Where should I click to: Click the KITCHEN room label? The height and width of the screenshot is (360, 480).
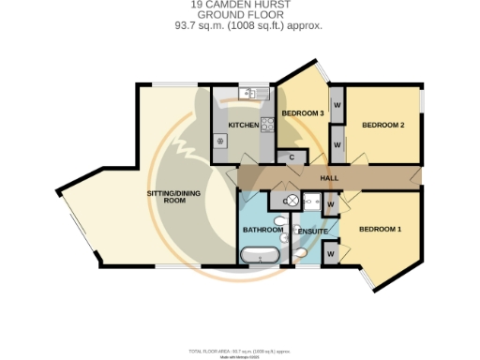pyautogui.click(x=243, y=125)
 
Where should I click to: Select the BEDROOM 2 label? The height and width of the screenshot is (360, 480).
pyautogui.click(x=383, y=125)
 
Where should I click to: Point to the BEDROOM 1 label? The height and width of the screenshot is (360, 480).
pyautogui.click(x=380, y=230)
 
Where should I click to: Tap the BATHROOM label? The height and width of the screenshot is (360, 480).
pyautogui.click(x=262, y=230)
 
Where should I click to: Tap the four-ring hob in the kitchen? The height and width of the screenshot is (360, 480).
pyautogui.click(x=265, y=123)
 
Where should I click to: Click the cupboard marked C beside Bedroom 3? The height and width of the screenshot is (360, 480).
pyautogui.click(x=292, y=157)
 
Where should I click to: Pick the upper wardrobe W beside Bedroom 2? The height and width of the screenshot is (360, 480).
pyautogui.click(x=336, y=104)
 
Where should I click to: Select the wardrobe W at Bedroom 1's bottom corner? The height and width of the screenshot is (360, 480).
pyautogui.click(x=331, y=253)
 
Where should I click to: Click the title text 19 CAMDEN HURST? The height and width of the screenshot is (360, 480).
pyautogui.click(x=239, y=6)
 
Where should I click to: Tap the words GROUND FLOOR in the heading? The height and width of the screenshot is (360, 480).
pyautogui.click(x=239, y=16)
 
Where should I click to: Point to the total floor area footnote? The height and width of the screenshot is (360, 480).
pyautogui.click(x=239, y=351)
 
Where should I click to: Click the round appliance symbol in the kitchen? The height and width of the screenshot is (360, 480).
pyautogui.click(x=222, y=141)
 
